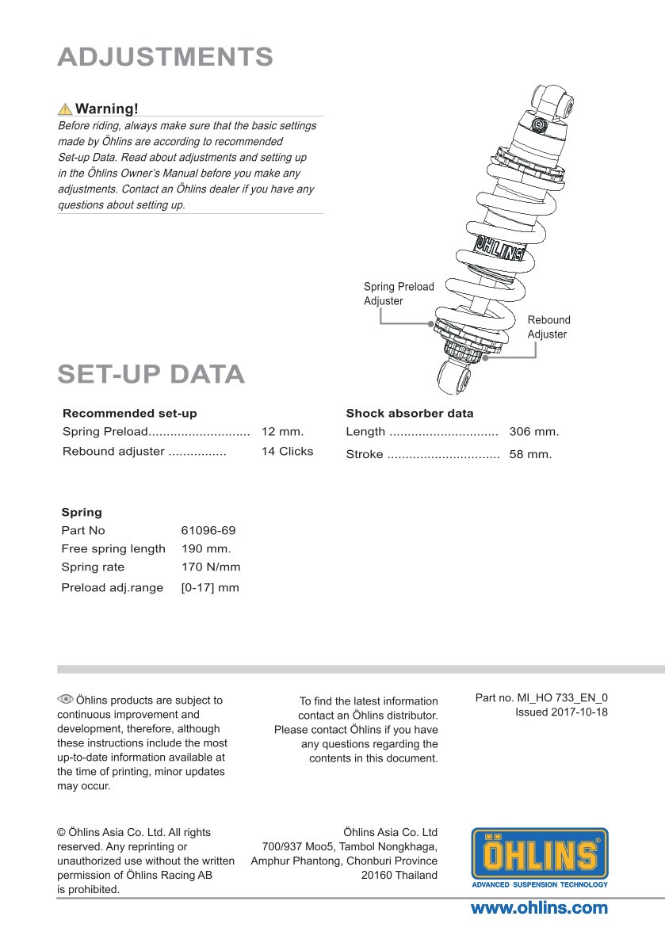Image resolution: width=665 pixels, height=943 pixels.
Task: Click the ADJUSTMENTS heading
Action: (166, 57)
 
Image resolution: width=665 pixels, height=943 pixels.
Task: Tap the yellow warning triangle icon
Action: (65, 109)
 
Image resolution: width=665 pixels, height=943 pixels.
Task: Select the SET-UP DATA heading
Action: (151, 374)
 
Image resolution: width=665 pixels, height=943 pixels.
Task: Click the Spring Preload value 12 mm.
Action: (283, 431)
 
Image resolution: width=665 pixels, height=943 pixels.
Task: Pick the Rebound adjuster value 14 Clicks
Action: (288, 451)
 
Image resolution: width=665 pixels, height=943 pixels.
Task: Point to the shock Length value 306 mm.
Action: (534, 431)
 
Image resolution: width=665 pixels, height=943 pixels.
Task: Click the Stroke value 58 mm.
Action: (530, 454)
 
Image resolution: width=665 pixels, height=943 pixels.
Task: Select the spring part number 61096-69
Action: (208, 530)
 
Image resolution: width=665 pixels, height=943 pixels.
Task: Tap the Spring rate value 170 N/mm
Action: (211, 567)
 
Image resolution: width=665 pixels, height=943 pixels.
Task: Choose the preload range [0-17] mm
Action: (211, 587)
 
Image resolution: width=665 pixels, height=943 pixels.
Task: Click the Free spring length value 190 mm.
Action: (206, 548)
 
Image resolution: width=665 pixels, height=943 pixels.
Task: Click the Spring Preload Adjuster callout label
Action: (399, 293)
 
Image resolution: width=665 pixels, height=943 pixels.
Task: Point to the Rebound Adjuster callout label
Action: (549, 327)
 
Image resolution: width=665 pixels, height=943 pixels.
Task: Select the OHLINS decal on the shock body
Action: (499, 249)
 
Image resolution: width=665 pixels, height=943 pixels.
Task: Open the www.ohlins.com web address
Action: (539, 907)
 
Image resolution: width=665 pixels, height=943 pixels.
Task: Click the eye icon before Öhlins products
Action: (65, 699)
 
